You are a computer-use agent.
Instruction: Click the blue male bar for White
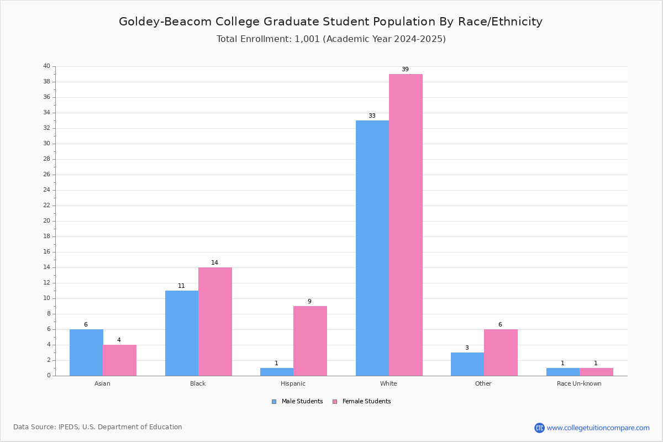point(372,248)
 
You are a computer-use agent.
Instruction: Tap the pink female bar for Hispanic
point(310,341)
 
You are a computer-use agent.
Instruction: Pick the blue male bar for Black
point(182,333)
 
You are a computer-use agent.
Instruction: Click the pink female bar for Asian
point(119,360)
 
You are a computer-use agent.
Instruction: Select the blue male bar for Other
point(467,364)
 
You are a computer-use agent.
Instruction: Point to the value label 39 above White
point(405,70)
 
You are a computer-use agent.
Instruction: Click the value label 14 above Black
point(214,263)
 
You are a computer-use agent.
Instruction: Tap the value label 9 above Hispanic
point(309,302)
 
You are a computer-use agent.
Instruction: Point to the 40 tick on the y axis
point(46,66)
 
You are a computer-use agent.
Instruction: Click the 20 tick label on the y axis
point(46,221)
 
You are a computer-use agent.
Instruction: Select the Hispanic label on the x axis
point(293,383)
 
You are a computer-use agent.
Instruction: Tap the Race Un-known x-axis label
point(579,383)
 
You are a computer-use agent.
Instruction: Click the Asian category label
point(102,383)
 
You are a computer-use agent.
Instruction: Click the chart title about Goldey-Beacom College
point(330,22)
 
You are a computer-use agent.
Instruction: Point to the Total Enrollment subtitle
point(331,39)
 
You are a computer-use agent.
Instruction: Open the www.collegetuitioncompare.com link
point(598,428)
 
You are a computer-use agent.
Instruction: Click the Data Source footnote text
point(98,427)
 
